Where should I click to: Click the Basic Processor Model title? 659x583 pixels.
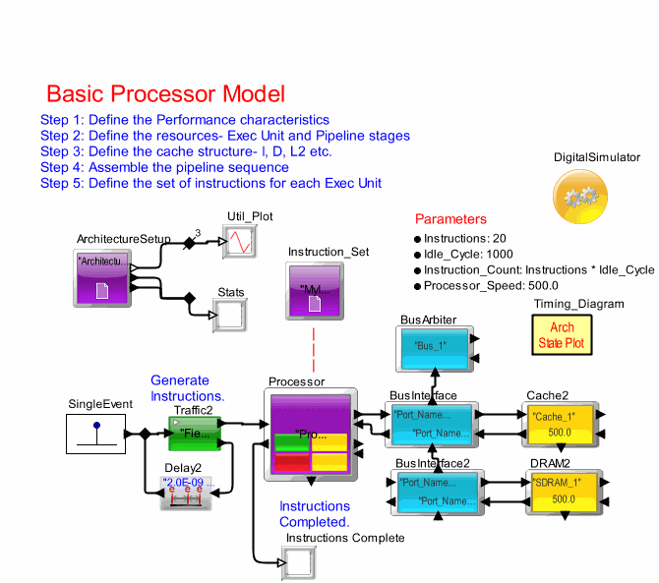click(165, 94)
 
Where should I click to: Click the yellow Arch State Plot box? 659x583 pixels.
click(562, 335)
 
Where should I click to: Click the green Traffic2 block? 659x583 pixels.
click(194, 432)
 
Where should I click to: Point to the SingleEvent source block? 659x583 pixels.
click(95, 433)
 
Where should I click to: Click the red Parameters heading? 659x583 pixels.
click(450, 218)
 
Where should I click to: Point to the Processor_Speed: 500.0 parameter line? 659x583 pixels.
click(493, 285)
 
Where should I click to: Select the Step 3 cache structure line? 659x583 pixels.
click(186, 151)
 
